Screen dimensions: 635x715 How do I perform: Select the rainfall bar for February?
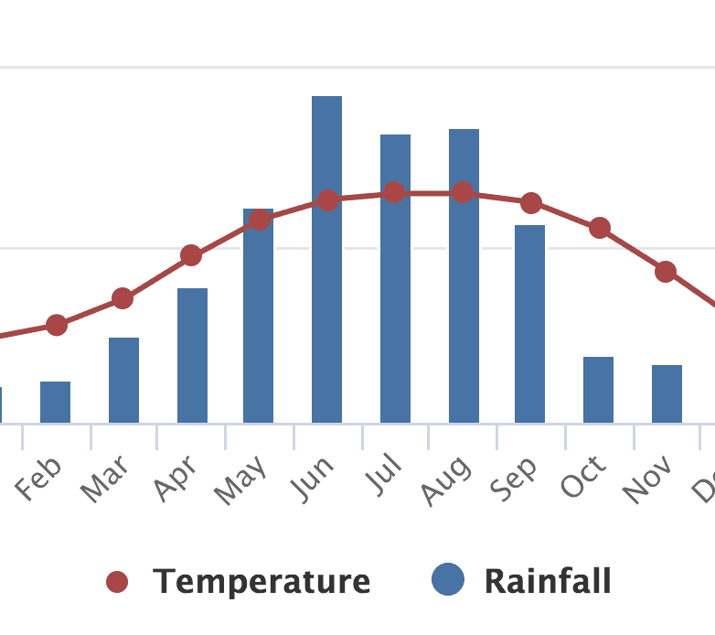(x=55, y=402)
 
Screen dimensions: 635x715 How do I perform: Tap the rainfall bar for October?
(x=598, y=390)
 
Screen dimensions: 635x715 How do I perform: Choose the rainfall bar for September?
(x=529, y=324)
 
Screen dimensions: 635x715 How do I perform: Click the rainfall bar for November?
(x=667, y=393)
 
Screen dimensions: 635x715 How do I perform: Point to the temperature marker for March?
(x=123, y=298)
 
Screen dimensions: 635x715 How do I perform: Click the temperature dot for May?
(x=260, y=220)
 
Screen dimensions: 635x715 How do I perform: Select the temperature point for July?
(x=394, y=192)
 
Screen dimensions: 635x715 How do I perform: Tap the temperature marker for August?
(x=463, y=192)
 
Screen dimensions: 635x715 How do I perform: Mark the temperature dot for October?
(x=600, y=228)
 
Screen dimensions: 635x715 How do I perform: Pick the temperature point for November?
(x=666, y=271)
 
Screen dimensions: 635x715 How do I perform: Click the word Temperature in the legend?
(x=261, y=581)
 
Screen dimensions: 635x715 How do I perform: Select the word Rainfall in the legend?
(x=548, y=581)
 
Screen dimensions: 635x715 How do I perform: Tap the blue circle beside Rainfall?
(x=448, y=579)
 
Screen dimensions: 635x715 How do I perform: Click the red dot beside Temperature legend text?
(x=117, y=582)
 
